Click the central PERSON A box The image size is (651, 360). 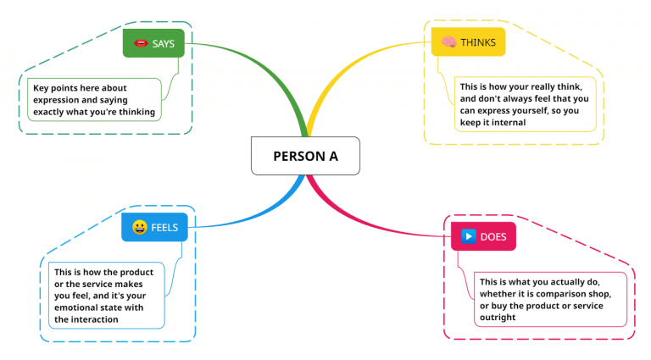point(305,156)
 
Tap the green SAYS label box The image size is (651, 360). point(153,42)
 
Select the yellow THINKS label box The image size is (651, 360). point(468,42)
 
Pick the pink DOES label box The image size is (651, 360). point(482,236)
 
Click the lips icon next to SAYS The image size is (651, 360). point(141,42)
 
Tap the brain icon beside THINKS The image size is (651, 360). point(448,42)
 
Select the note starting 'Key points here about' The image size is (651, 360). point(94,100)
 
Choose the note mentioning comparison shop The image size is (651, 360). point(549,299)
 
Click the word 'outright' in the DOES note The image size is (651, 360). point(498,317)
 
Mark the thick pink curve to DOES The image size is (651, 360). point(364,217)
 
